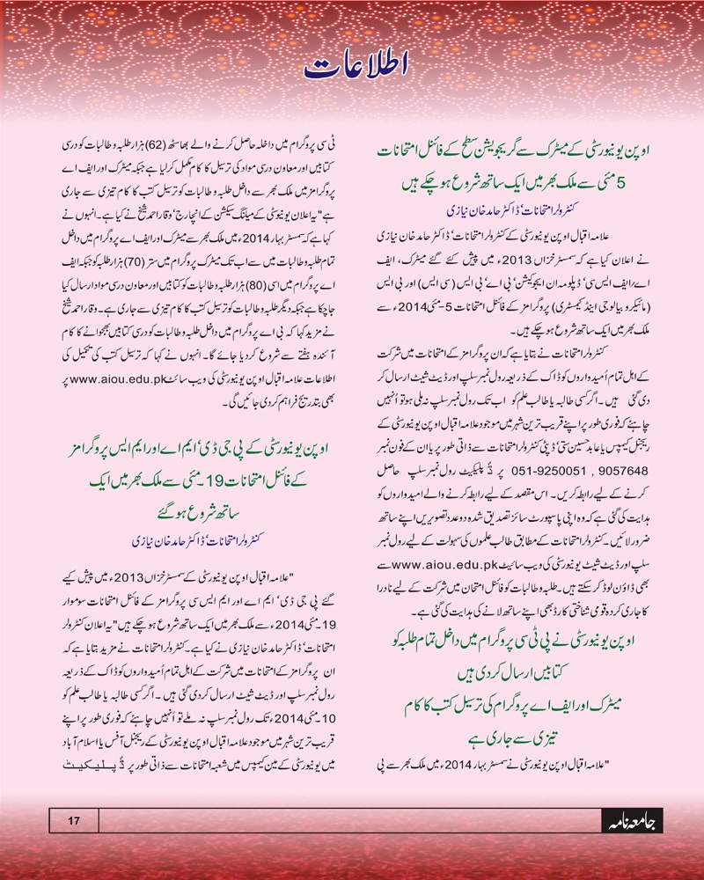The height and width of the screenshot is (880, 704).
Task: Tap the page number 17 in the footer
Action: pyautogui.click(x=74, y=821)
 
